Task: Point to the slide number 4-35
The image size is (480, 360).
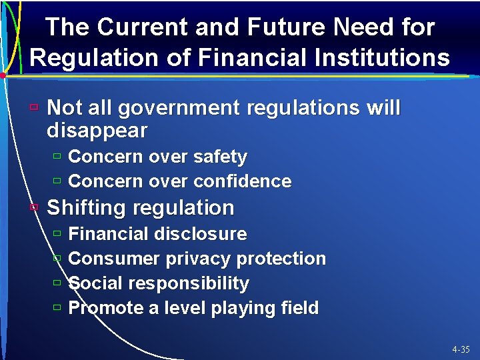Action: click(x=460, y=349)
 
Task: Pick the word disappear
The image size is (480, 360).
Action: click(x=97, y=130)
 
